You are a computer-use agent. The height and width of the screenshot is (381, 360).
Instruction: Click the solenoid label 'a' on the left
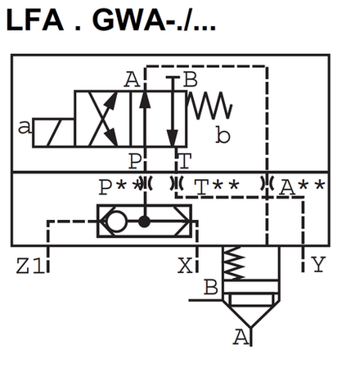coord(24,127)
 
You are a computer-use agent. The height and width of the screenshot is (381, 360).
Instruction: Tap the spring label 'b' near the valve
coord(223,136)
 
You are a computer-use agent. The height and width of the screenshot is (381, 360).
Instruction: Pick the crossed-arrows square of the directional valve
coord(101,119)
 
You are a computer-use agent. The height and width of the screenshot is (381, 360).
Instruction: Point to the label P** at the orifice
coord(117,187)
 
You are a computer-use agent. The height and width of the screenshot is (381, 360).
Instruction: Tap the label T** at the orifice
coord(216,187)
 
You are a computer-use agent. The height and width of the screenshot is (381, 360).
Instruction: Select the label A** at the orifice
coord(300,187)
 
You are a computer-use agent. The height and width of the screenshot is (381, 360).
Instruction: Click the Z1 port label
coord(29,265)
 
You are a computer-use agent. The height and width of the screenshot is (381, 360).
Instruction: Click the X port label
coord(187,265)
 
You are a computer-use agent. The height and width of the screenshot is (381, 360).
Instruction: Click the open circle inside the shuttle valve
coord(116,221)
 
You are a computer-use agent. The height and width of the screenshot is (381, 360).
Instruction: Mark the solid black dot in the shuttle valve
coord(145,222)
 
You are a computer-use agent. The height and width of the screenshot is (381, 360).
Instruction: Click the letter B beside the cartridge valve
coord(210,287)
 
